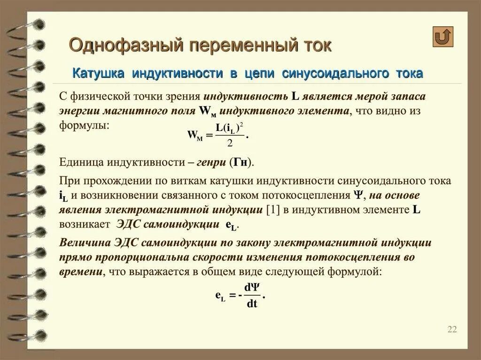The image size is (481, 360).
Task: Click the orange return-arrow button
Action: pyautogui.click(x=442, y=37)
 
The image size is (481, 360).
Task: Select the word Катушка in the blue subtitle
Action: pyautogui.click(x=99, y=73)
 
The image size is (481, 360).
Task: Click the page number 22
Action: pyautogui.click(x=452, y=329)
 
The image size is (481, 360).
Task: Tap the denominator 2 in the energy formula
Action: pyautogui.click(x=230, y=143)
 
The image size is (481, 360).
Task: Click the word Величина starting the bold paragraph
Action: pyautogui.click(x=85, y=243)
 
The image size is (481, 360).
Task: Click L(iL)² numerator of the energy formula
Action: pyautogui.click(x=230, y=128)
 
